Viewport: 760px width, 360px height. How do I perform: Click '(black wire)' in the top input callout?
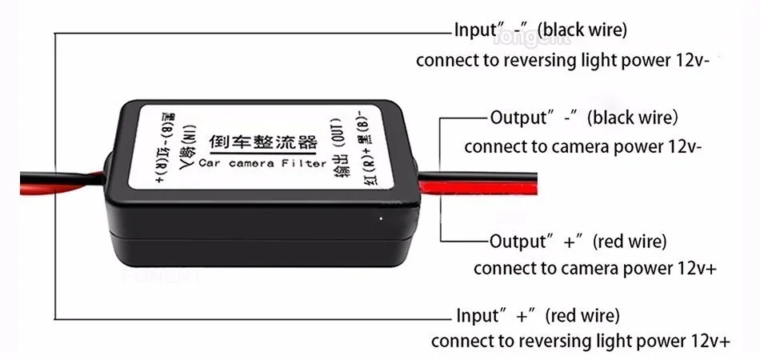click(582, 30)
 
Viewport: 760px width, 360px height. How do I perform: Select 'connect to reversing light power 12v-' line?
click(563, 61)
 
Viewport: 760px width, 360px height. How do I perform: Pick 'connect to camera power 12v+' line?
click(594, 268)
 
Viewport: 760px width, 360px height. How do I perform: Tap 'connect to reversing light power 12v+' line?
click(580, 341)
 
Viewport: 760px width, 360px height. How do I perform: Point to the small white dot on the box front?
click(382, 215)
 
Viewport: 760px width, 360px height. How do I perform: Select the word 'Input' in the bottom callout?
click(477, 314)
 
